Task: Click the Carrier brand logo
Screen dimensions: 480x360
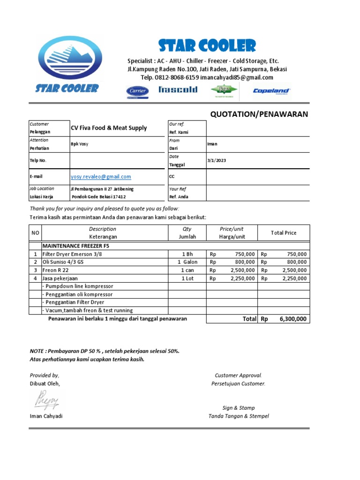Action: coord(137,91)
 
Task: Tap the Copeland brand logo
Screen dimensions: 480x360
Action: coord(272,91)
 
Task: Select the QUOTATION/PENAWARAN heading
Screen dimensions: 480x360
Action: coord(259,114)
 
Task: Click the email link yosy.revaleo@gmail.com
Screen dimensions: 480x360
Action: coord(101,177)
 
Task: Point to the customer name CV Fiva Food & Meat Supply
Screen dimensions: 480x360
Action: coord(108,128)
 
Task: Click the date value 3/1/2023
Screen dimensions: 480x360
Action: coord(216,160)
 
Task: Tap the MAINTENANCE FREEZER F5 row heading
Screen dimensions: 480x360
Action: coord(76,246)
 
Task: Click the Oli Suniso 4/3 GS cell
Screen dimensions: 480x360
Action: coord(65,262)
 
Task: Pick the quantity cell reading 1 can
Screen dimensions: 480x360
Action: coord(187,270)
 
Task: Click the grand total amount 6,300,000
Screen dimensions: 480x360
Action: coord(293,319)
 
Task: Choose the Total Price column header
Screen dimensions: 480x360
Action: coord(284,232)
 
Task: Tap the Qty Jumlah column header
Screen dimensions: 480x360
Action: coord(187,232)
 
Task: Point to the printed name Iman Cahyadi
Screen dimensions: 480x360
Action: coord(46,416)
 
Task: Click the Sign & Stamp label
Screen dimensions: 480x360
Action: coord(239,408)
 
